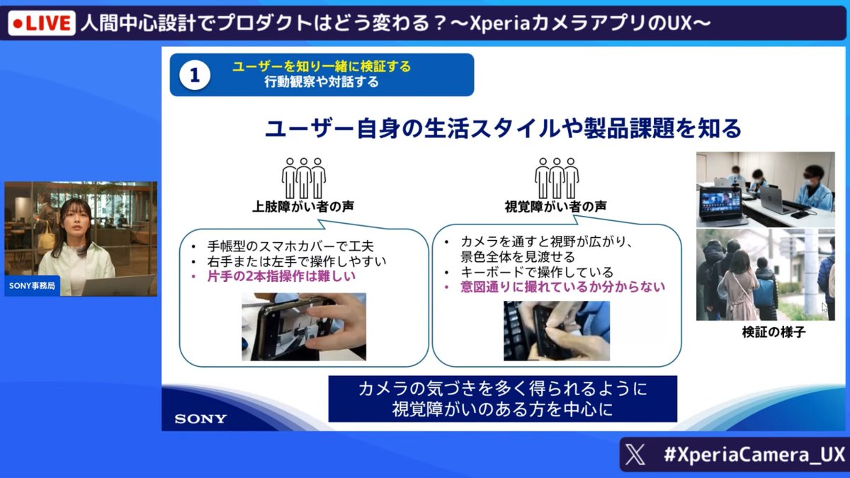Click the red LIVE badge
click(x=41, y=24)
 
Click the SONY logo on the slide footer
click(x=200, y=419)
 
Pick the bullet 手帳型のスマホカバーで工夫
click(x=285, y=246)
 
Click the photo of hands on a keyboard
click(x=556, y=331)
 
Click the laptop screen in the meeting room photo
click(x=720, y=203)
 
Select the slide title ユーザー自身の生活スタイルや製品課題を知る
click(x=503, y=129)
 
